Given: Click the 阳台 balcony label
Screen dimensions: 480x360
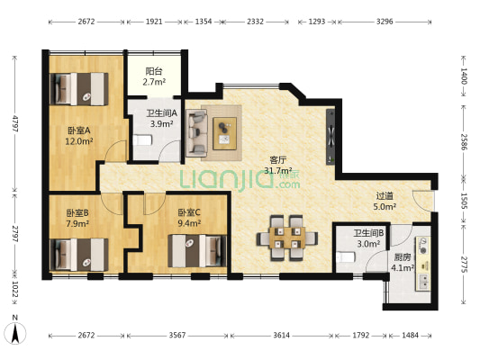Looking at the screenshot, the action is pyautogui.click(x=154, y=72).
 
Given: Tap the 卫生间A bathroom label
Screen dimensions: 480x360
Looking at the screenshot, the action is pyautogui.click(x=161, y=113).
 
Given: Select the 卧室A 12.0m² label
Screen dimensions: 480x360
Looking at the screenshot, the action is pyautogui.click(x=78, y=136).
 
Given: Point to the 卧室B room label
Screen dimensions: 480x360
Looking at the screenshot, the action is pyautogui.click(x=77, y=212).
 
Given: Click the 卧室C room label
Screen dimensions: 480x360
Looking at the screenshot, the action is pyautogui.click(x=189, y=212).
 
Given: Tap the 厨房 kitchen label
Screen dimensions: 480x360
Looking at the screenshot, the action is pyautogui.click(x=403, y=257).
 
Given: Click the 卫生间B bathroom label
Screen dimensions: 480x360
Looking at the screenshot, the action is pyautogui.click(x=368, y=233).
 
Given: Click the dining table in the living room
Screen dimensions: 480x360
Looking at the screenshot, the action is pyautogui.click(x=287, y=238).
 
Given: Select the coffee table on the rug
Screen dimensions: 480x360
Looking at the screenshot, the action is pyautogui.click(x=225, y=133).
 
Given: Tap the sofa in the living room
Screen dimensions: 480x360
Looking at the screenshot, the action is pyautogui.click(x=196, y=131).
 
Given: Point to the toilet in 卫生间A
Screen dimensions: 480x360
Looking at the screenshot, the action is pyautogui.click(x=142, y=140).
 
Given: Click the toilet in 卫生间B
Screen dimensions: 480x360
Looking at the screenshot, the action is pyautogui.click(x=346, y=256).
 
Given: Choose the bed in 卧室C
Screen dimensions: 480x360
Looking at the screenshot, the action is pyautogui.click(x=197, y=251).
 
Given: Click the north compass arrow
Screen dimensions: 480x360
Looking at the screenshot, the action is pyautogui.click(x=15, y=333).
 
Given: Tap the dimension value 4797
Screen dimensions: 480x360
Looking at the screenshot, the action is pyautogui.click(x=15, y=123).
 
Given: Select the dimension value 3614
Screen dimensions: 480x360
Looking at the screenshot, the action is pyautogui.click(x=281, y=336).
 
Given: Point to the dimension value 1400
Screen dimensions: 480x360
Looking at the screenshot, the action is pyautogui.click(x=464, y=76).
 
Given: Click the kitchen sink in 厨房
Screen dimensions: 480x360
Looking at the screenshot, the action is pyautogui.click(x=423, y=282).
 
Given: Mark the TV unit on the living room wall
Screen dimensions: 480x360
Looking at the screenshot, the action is pyautogui.click(x=331, y=137).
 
